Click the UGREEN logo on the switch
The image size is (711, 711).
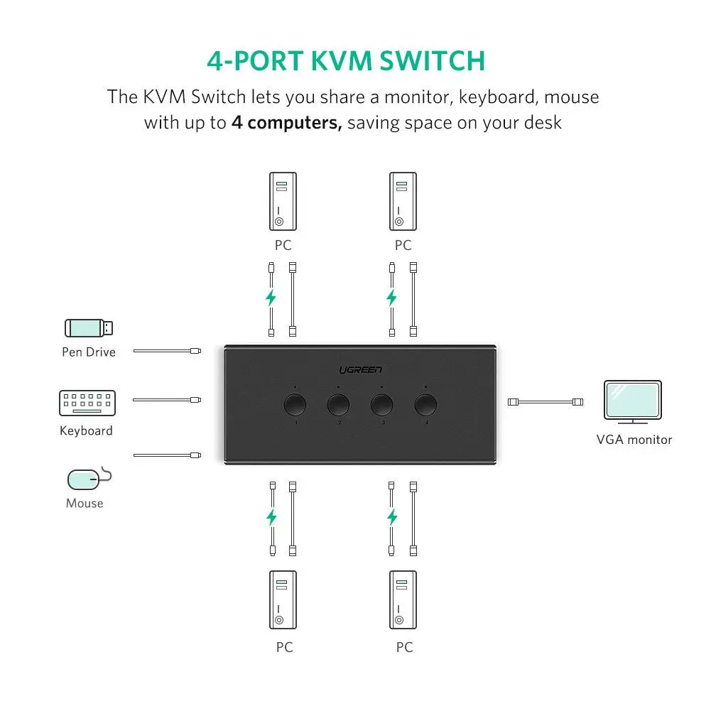360,369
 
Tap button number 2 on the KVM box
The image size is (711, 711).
338,404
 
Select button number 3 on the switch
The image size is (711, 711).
381,404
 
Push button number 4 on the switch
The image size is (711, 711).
425,404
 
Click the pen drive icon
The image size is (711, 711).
89,327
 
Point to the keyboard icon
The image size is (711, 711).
87,403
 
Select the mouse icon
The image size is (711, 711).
87,479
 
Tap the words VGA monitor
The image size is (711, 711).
634,440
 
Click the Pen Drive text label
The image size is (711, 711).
88,352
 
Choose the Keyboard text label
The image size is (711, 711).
86,431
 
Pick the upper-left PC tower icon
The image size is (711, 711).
283,202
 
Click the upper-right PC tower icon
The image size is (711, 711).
403,202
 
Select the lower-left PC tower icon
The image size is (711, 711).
283,599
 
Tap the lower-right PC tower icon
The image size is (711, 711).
403,599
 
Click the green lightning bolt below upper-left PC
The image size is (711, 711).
271,298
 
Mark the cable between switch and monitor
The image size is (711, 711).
546,402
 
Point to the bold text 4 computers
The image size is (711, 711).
287,123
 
